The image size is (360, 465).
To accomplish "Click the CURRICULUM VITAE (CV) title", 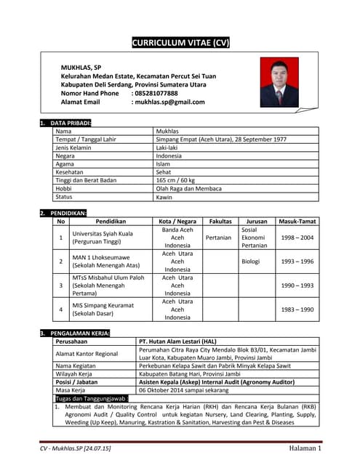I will click(x=180, y=43).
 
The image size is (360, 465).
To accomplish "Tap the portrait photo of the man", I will click(x=279, y=83).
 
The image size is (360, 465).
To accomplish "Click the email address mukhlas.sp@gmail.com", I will click(x=168, y=102).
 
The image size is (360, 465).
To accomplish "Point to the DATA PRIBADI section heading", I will click(x=71, y=124).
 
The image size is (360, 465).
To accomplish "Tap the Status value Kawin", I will click(x=165, y=197).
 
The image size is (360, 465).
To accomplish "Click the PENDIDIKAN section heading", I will click(x=68, y=212).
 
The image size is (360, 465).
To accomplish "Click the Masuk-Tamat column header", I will click(x=297, y=221).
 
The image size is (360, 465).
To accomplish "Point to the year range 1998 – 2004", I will click(x=297, y=238).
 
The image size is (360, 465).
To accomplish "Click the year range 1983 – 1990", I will click(x=297, y=310).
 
